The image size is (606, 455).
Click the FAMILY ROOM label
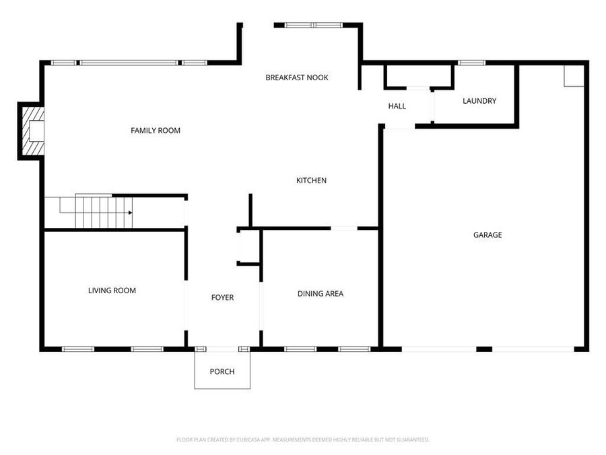pos(156,130)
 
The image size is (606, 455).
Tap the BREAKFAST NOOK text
pos(297,78)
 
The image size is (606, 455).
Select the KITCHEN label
pos(312,180)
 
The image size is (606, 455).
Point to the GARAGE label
pos(487,235)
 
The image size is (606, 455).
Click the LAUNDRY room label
pos(479,101)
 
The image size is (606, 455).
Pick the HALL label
pos(397,106)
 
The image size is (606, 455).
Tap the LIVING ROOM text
pos(112,291)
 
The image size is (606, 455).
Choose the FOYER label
pos(223,297)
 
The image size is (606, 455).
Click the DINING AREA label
pos(321,294)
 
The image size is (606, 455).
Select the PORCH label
pos(222,371)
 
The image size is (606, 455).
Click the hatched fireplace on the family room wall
pos(32,131)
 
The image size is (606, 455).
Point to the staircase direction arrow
pos(130,213)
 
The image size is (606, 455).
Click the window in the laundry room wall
pos(471,63)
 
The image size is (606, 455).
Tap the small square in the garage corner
pos(574,75)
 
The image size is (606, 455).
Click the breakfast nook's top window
pos(314,25)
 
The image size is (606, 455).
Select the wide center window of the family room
pos(129,63)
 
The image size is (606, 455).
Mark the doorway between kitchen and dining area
pos(344,229)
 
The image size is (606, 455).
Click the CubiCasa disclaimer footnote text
pos(303,439)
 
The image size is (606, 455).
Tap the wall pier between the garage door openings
pos(484,349)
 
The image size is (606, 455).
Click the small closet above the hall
pos(419,77)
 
